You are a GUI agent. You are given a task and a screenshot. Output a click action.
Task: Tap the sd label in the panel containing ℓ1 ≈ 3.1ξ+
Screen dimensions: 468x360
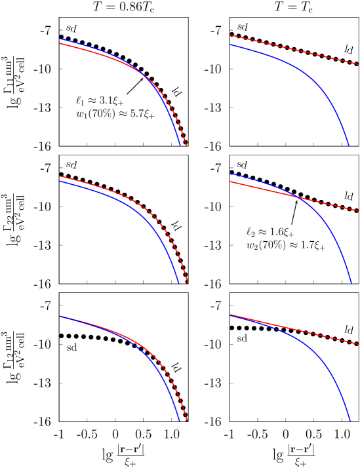coord(71,28)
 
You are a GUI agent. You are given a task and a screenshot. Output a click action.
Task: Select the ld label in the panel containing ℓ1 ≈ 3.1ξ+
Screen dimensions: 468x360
coord(176,92)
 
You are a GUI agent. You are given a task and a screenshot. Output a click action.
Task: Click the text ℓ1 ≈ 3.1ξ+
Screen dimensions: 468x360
coord(100,101)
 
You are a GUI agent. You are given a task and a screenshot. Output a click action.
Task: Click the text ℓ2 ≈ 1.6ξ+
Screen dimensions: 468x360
coord(271,232)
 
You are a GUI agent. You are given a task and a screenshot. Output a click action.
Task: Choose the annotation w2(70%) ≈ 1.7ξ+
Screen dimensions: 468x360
coord(285,246)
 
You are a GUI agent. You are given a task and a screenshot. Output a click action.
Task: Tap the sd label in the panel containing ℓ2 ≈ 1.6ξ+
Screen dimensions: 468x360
coord(242,164)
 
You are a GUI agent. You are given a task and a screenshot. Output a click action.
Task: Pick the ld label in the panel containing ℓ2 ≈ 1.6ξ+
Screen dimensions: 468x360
coord(350,195)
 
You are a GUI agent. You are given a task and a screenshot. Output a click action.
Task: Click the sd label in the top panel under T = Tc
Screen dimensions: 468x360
coord(242,27)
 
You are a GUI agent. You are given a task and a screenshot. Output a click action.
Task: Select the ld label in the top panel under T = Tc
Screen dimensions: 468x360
coord(350,49)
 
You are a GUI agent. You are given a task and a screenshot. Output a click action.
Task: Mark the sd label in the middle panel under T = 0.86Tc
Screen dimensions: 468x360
coord(71,164)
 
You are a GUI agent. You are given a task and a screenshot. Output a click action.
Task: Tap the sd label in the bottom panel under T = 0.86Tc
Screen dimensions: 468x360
coord(71,347)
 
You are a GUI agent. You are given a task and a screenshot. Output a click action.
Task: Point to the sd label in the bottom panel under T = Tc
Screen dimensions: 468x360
coord(242,338)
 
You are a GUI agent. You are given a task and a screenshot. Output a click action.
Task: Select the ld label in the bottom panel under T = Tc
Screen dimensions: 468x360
coord(350,330)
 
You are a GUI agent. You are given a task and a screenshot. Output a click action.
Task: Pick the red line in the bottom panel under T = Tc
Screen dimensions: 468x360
coord(295,329)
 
